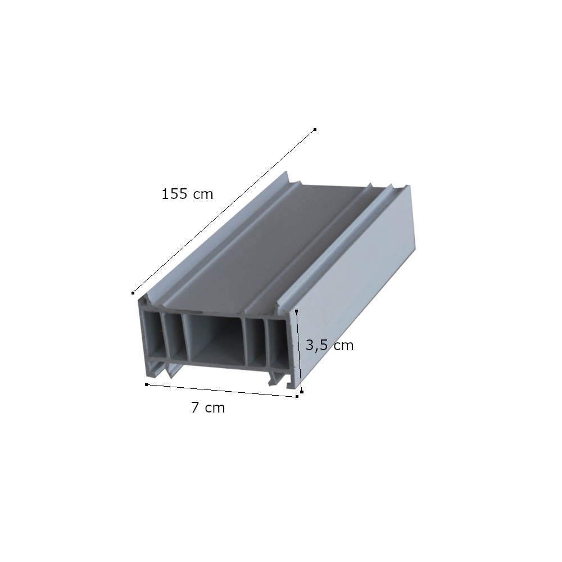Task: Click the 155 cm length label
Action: pyautogui.click(x=187, y=194)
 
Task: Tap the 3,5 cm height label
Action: pyautogui.click(x=329, y=345)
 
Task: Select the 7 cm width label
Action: pyautogui.click(x=208, y=407)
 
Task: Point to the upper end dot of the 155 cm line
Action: pyautogui.click(x=315, y=129)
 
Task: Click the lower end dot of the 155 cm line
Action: pyautogui.click(x=133, y=293)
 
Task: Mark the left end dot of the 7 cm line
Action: pyautogui.click(x=146, y=384)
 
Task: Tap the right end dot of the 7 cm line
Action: pyautogui.click(x=297, y=396)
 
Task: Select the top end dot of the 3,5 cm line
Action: pyautogui.click(x=296, y=311)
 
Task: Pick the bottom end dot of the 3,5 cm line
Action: pyautogui.click(x=302, y=392)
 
